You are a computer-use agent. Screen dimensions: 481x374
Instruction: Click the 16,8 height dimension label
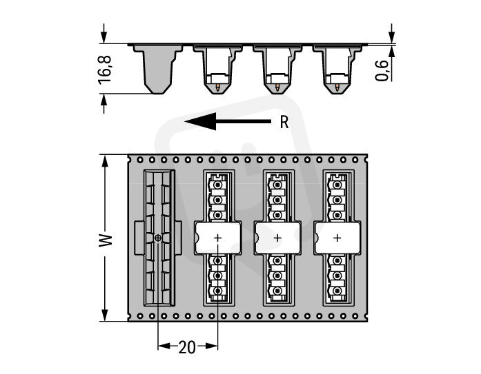[105, 70]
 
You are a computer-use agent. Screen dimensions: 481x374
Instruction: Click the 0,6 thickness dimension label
[382, 70]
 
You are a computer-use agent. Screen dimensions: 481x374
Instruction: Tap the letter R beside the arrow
[284, 122]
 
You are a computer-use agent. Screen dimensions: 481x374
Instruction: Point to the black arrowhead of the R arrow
[201, 121]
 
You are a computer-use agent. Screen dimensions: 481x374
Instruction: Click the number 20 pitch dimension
[187, 346]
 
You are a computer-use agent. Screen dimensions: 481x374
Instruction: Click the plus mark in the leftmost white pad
[217, 238]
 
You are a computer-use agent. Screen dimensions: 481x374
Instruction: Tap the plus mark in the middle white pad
[277, 238]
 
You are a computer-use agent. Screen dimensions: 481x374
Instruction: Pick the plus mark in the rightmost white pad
[337, 238]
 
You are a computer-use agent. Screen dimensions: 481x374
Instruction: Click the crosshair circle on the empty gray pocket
[157, 238]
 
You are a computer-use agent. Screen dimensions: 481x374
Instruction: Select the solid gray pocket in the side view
[158, 69]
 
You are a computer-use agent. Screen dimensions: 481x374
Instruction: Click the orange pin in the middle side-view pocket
[277, 87]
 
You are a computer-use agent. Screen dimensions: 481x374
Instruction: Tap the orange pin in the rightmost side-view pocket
[337, 87]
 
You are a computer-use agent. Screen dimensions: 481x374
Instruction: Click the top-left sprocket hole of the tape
[140, 160]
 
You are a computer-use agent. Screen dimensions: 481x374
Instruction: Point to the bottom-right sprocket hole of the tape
[355, 315]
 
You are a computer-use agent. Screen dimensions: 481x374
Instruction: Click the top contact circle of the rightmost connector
[337, 185]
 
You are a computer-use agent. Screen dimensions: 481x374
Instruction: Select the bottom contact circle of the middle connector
[277, 291]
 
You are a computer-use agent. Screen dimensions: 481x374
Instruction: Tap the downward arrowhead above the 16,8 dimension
[104, 37]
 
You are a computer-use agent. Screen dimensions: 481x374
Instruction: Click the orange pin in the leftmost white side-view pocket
[217, 87]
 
